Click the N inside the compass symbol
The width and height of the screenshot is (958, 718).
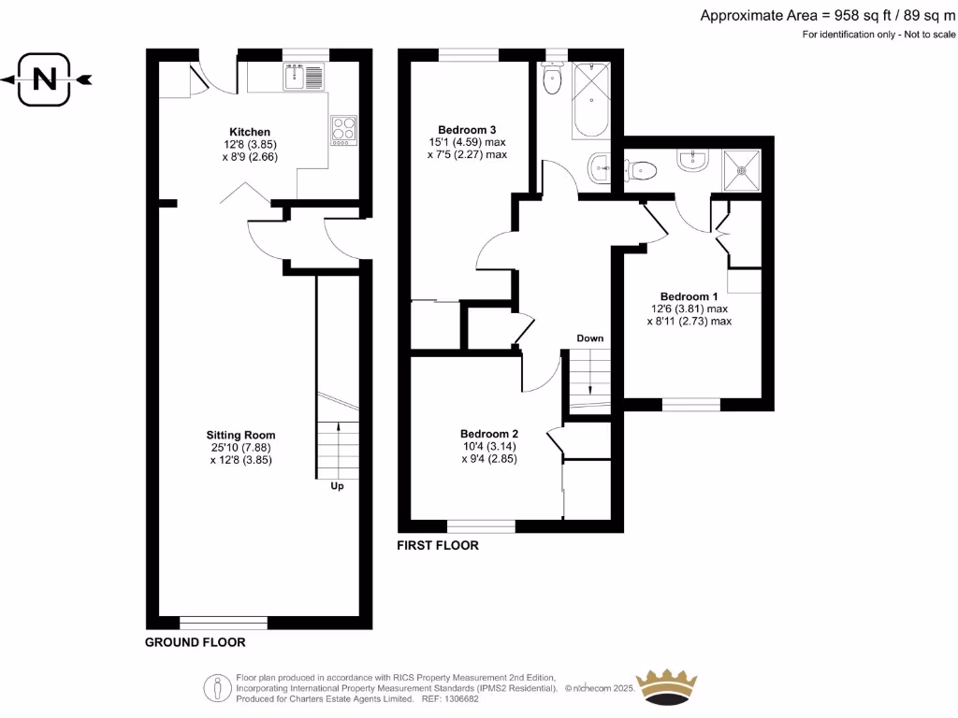pos(44,79)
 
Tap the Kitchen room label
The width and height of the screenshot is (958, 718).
pos(250,132)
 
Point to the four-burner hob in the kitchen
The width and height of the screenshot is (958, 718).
pos(343,130)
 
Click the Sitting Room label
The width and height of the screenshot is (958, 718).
pos(241,435)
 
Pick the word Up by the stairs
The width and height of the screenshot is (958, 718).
pos(336,486)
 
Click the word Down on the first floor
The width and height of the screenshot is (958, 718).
pos(589,337)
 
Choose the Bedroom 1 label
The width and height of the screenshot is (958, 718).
pos(689,295)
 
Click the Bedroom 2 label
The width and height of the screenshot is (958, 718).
pos(488,434)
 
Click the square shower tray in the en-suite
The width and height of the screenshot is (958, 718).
pos(743,171)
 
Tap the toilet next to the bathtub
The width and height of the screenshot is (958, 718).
pos(551,80)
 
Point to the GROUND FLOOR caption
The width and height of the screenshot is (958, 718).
pos(196,643)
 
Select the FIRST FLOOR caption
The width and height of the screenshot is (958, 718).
pos(438,546)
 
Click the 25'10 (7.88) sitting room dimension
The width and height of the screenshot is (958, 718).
pos(240,447)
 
